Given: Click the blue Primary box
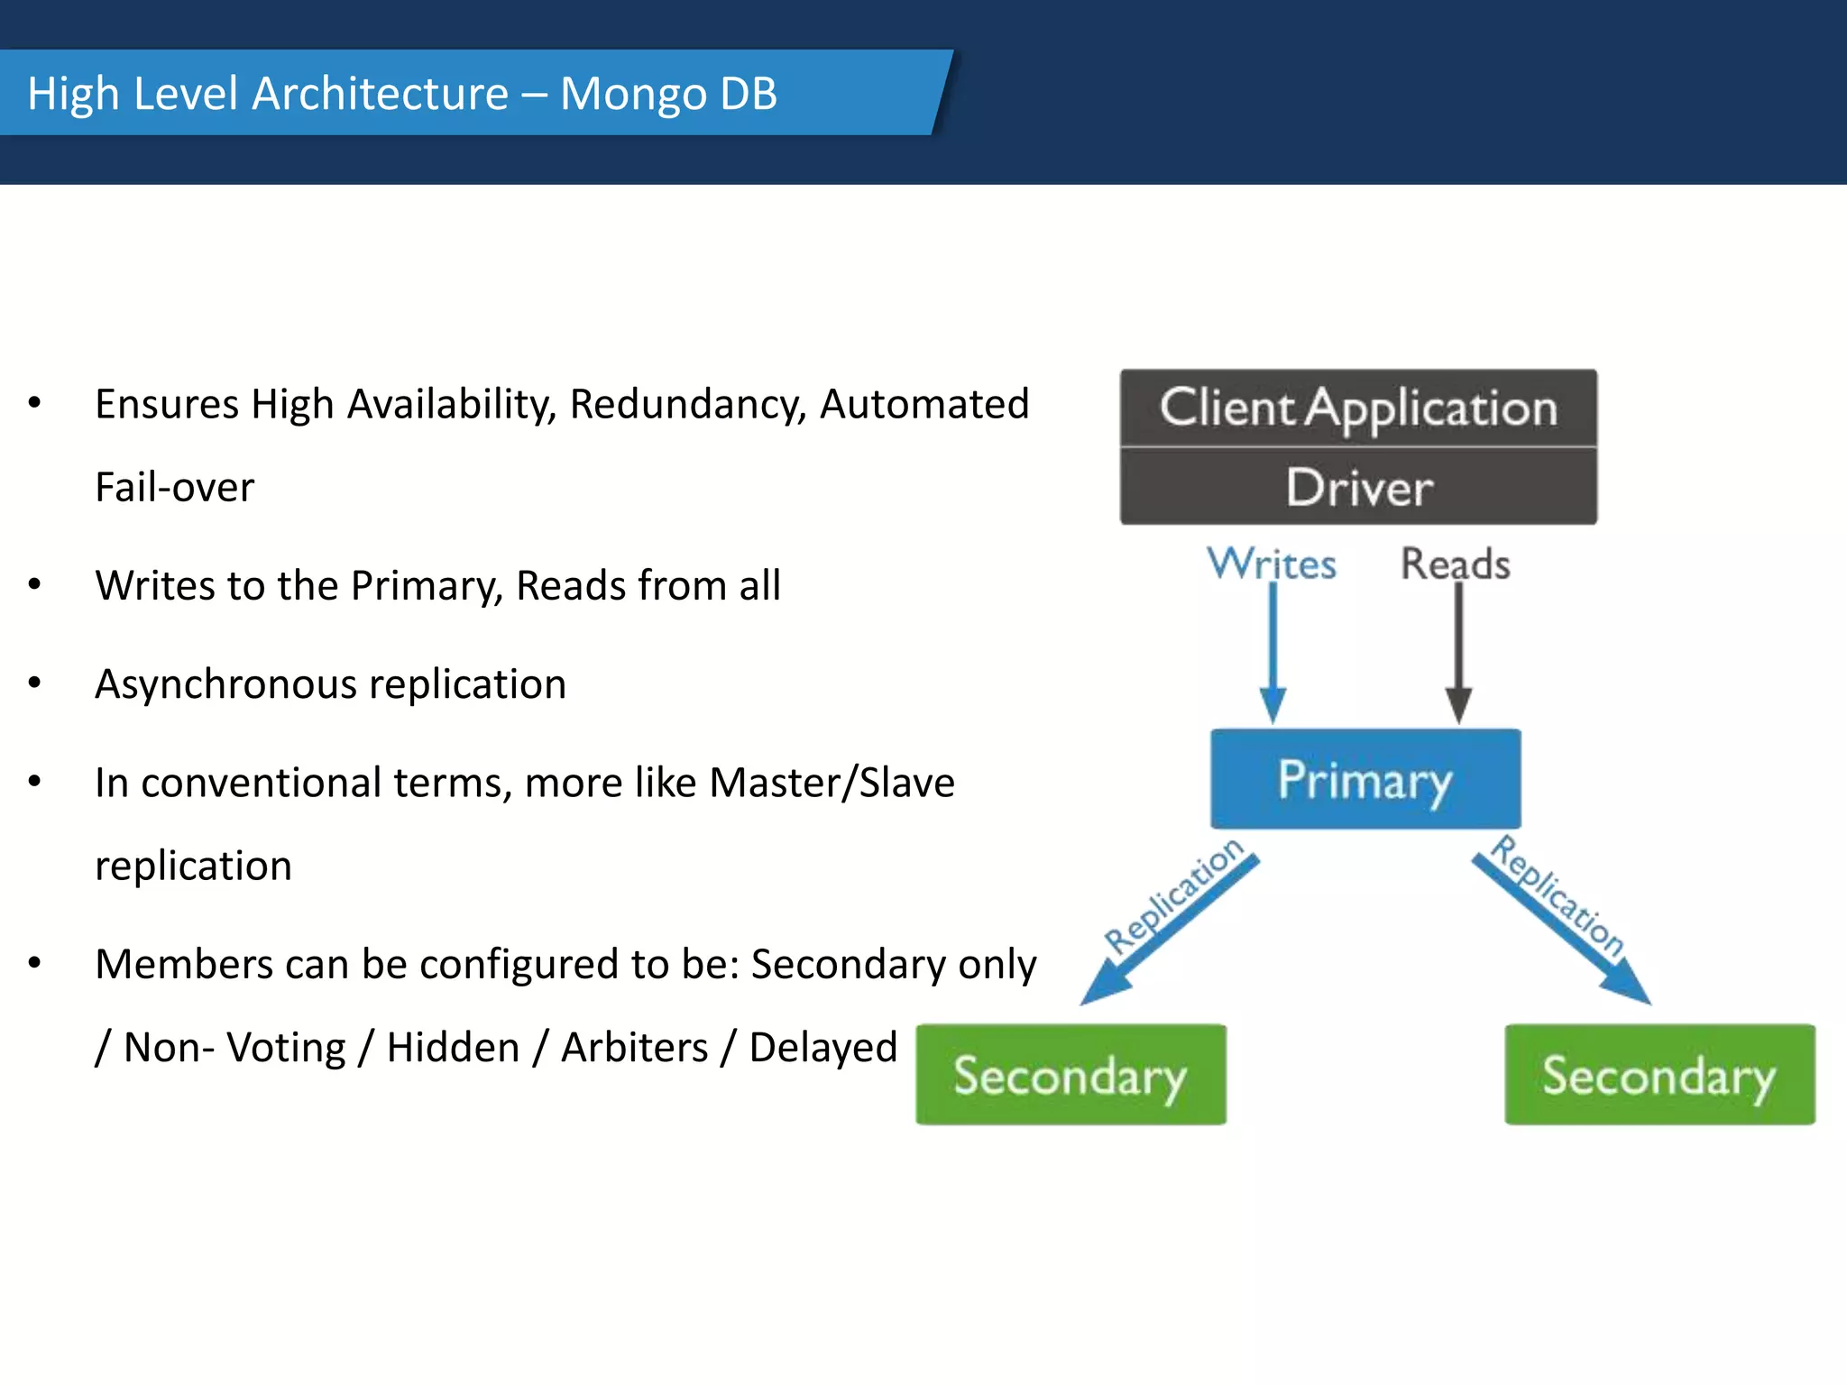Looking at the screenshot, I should click(1365, 779).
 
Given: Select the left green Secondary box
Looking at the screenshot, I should click(1071, 1075).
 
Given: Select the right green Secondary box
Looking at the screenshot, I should click(1659, 1075).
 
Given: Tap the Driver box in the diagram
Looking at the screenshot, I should click(1358, 488).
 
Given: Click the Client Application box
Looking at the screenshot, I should click(1358, 408).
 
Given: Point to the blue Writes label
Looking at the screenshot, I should click(1272, 564).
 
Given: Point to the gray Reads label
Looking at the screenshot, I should click(1455, 564).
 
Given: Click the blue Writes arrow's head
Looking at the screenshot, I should click(1273, 704).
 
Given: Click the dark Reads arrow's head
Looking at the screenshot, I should click(1458, 704).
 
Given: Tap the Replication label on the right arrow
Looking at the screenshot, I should click(1558, 895).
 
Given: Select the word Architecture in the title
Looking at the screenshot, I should click(380, 94).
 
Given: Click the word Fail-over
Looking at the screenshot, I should click(174, 488).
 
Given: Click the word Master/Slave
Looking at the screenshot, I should click(832, 783).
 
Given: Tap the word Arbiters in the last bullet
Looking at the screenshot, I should click(634, 1048).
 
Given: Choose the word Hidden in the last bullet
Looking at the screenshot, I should click(453, 1048).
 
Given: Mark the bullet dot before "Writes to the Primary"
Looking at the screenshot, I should click(34, 585).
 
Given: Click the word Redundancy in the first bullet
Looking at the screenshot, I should click(687, 404).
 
